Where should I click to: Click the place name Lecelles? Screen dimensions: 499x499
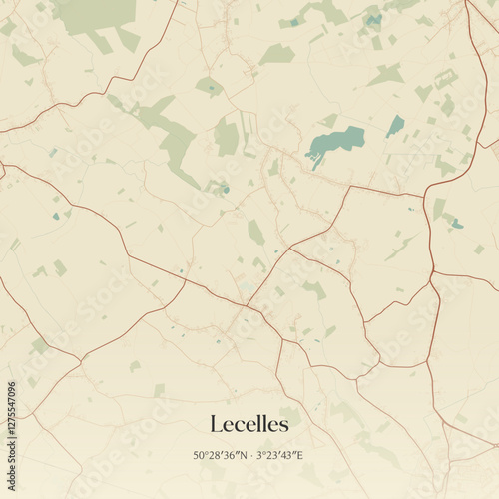[x=249, y=425]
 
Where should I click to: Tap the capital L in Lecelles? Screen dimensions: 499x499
[x=217, y=425]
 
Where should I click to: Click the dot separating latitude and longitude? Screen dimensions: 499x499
[x=249, y=456]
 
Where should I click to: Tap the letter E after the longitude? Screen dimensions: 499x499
[x=300, y=455]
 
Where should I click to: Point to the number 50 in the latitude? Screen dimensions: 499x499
[x=200, y=455]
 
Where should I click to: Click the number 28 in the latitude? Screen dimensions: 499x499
[x=212, y=455]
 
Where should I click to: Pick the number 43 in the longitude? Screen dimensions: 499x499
[x=287, y=455]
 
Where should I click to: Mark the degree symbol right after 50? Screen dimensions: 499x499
[x=206, y=453]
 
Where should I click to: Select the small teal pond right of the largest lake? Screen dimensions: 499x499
[x=396, y=126]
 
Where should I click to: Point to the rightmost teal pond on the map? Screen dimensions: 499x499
[x=456, y=224]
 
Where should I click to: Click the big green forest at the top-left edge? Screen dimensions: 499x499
[x=95, y=15]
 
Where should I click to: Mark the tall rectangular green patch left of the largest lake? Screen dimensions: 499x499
[x=228, y=137]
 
